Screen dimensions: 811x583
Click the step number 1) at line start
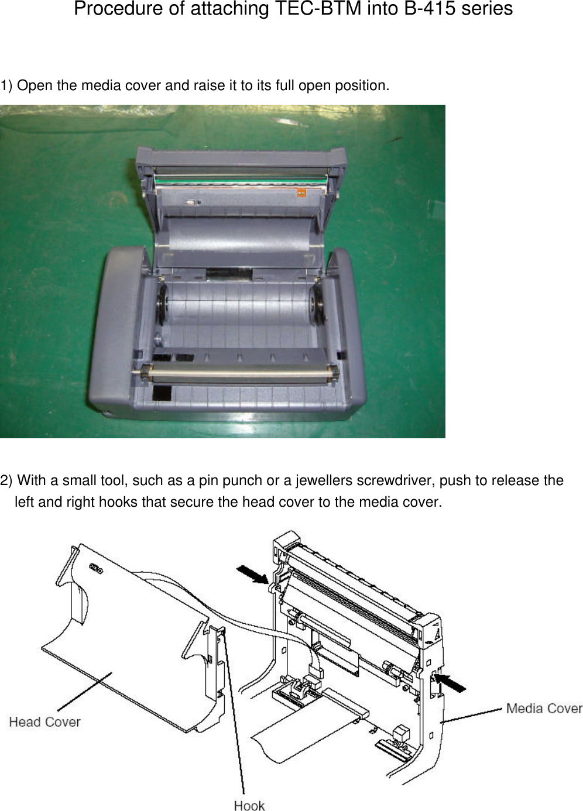click(x=6, y=85)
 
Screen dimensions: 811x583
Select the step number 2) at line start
click(x=6, y=480)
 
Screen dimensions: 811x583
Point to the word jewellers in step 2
click(x=324, y=480)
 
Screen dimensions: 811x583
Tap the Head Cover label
click(x=44, y=722)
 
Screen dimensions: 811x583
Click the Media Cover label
click(x=544, y=709)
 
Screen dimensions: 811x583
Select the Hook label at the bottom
click(x=249, y=806)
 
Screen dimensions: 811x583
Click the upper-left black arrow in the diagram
click(x=252, y=574)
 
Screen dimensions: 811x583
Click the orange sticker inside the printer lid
click(x=301, y=193)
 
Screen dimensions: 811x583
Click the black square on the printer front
click(x=162, y=393)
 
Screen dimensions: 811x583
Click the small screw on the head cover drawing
click(x=95, y=569)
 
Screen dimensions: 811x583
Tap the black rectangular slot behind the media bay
click(x=229, y=274)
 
